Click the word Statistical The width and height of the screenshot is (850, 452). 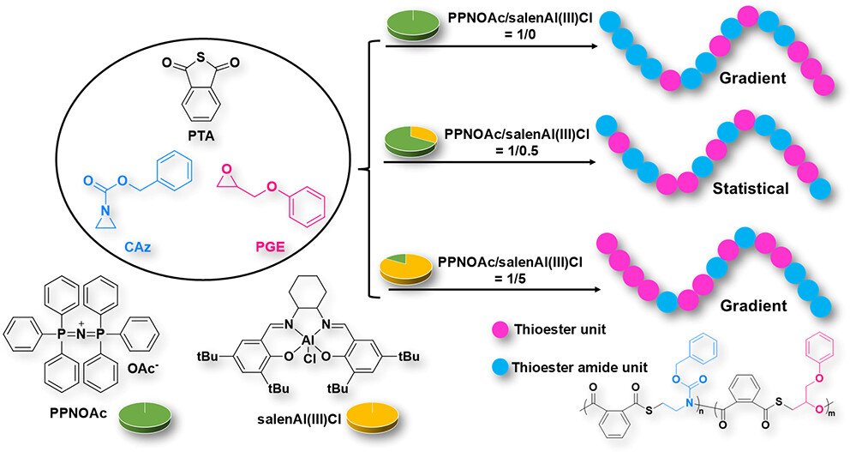[x=751, y=188]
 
